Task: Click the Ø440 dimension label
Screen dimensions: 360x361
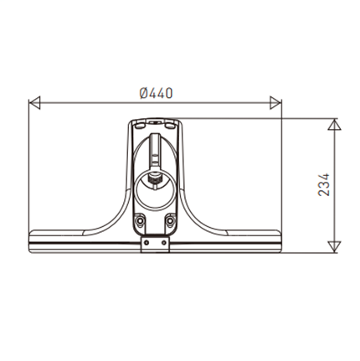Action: pos(156,93)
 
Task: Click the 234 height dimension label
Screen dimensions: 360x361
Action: pos(324,185)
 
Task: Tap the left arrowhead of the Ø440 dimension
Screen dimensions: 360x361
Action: pos(35,103)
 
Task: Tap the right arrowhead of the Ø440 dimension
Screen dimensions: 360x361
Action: pos(275,103)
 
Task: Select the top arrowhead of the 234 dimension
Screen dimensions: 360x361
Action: pos(334,125)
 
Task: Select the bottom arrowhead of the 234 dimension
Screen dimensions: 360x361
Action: pos(334,247)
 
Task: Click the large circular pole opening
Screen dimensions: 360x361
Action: pos(155,190)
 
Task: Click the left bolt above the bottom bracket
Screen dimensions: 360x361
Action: pos(139,221)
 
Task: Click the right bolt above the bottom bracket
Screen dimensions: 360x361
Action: pos(170,221)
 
